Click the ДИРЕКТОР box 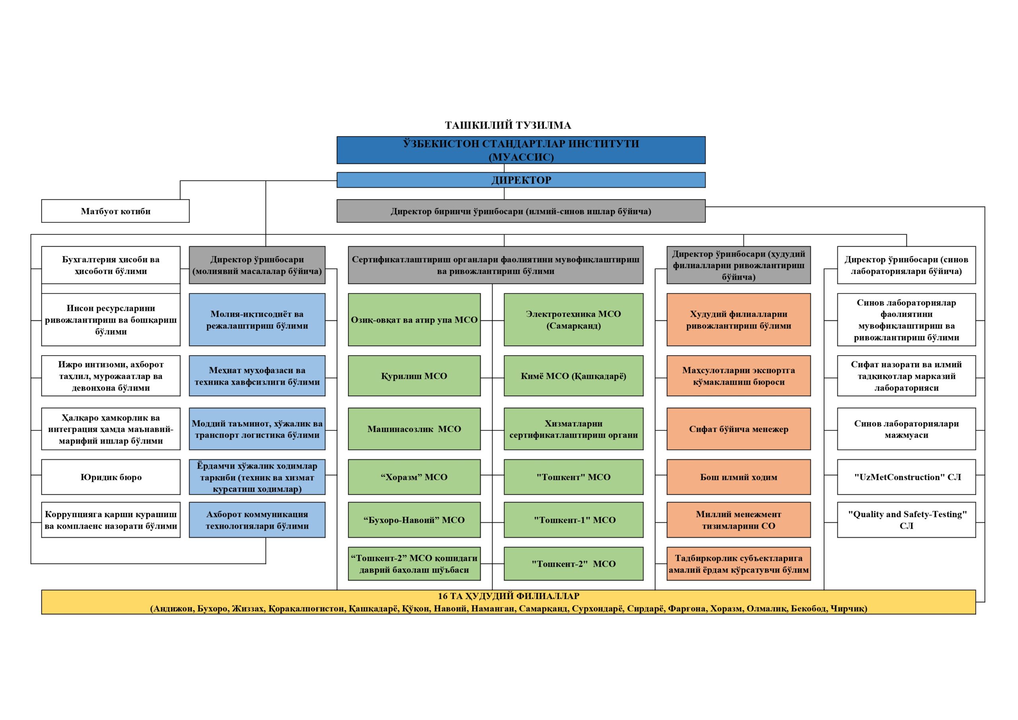pyautogui.click(x=521, y=180)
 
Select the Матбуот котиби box pyautogui.click(x=115, y=211)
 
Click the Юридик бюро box pyautogui.click(x=111, y=477)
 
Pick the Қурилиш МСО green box pyautogui.click(x=414, y=376)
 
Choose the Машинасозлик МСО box pyautogui.click(x=414, y=428)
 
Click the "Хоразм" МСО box pyautogui.click(x=414, y=477)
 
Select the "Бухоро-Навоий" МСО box pyautogui.click(x=414, y=520)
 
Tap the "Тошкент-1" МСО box pyautogui.click(x=573, y=520)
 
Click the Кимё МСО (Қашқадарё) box pyautogui.click(x=573, y=376)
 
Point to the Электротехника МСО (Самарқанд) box pyautogui.click(x=573, y=319)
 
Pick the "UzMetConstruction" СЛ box pyautogui.click(x=906, y=477)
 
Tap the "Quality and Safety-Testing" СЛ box pyautogui.click(x=906, y=520)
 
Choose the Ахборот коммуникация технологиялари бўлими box pyautogui.click(x=257, y=520)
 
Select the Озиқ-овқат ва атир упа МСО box pyautogui.click(x=414, y=319)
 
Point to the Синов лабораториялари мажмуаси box pyautogui.click(x=906, y=428)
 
